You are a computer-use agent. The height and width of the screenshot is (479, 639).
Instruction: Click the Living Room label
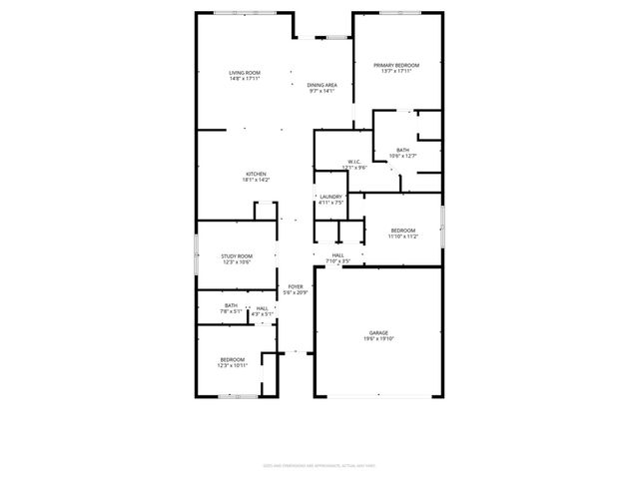coord(245,73)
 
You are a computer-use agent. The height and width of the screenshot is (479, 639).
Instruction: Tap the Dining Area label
coord(321,85)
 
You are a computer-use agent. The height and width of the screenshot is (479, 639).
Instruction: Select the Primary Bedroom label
coord(396,65)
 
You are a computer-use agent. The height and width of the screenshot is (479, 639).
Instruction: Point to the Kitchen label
coord(257,174)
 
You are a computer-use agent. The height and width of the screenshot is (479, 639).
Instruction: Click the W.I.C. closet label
coord(354,162)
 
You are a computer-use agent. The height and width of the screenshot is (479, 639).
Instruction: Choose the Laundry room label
coord(330,197)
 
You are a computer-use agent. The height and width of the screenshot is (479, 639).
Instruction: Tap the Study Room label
coord(237,255)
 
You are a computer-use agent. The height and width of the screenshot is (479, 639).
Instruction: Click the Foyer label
coord(296,286)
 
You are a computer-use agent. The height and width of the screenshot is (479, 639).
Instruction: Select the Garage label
coord(378,332)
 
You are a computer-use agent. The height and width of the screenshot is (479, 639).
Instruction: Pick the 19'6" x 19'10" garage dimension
coord(378,338)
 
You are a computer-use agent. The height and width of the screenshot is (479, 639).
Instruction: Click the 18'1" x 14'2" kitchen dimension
coord(257,180)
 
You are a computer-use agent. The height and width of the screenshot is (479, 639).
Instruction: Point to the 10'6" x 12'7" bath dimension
coord(402,156)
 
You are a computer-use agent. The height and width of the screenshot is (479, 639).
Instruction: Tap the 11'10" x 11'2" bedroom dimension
coord(402,236)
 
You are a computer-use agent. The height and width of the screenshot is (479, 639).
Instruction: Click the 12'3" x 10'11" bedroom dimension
coord(233,365)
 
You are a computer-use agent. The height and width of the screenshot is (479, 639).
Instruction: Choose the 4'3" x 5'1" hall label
coord(262,311)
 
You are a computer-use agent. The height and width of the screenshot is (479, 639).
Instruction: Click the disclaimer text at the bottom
coord(319,465)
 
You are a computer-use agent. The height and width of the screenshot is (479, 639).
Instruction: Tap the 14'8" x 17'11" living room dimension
coord(245,79)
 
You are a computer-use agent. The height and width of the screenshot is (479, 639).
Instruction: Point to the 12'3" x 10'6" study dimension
coord(237,261)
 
